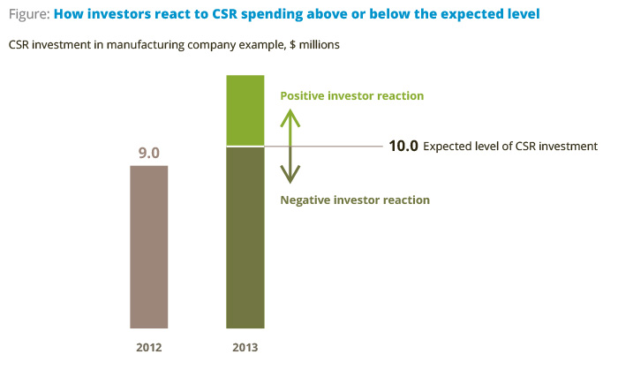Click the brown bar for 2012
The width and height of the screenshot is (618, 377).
click(x=148, y=246)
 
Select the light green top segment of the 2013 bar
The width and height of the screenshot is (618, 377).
click(x=245, y=110)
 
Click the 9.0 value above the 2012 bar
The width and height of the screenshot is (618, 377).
click(x=148, y=153)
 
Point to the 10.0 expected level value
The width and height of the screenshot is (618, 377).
click(x=403, y=146)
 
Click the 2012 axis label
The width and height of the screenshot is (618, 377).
click(x=148, y=348)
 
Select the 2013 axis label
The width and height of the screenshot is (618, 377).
click(x=245, y=348)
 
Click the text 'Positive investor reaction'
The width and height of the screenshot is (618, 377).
click(x=351, y=95)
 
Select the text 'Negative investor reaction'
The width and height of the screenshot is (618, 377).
click(x=354, y=200)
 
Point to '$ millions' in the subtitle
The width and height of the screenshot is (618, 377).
click(x=317, y=44)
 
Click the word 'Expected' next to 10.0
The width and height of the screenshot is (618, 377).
click(x=447, y=147)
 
